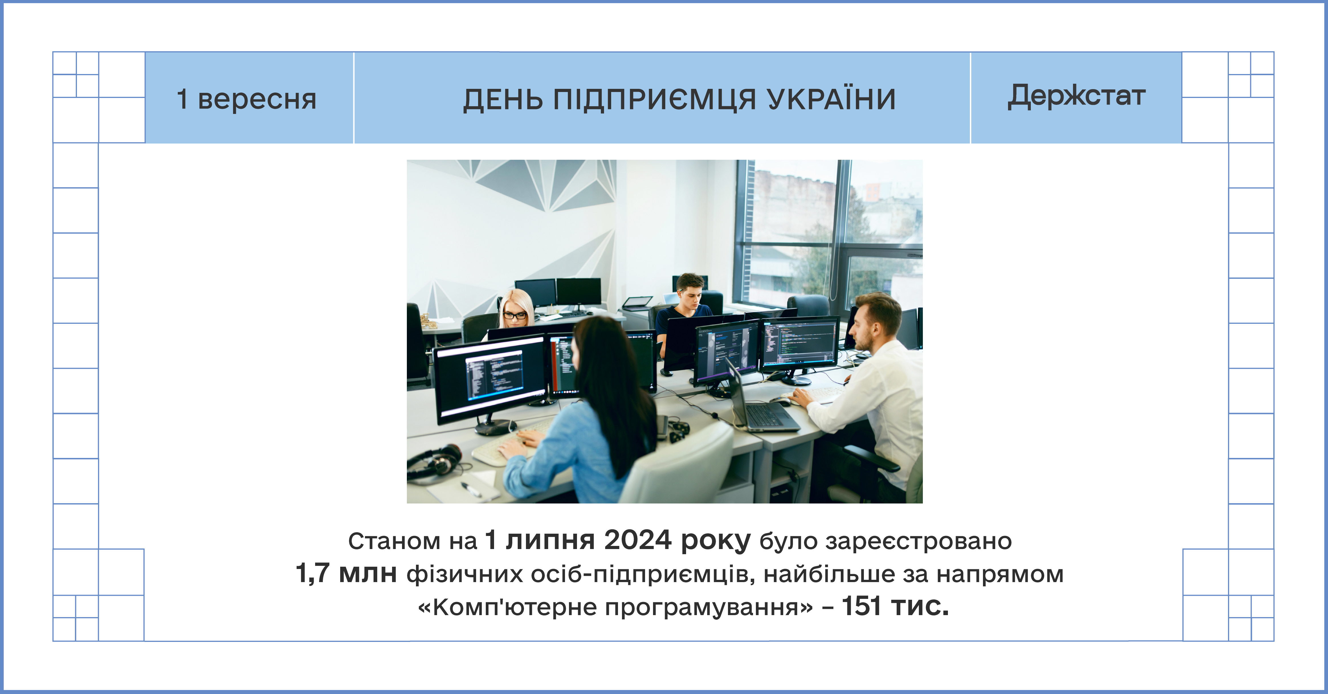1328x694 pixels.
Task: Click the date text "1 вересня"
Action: (246, 99)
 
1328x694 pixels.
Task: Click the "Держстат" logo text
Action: (1076, 96)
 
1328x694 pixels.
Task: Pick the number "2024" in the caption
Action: (638, 541)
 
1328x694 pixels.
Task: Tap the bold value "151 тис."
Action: (895, 606)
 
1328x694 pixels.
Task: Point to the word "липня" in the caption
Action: (550, 541)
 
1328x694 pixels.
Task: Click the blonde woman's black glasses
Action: (515, 315)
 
